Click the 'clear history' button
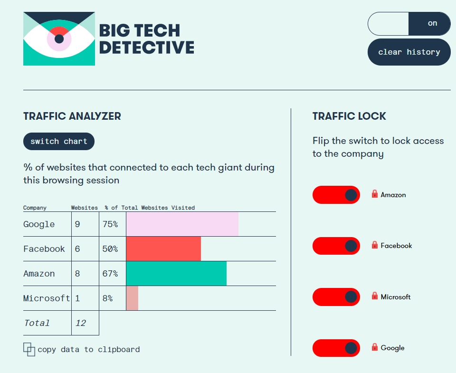[x=409, y=52]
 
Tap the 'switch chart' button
[x=59, y=141]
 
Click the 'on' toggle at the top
[x=409, y=24]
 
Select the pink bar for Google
[x=182, y=224]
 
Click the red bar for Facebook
[x=163, y=249]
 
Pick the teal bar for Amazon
[x=176, y=274]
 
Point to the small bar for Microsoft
[x=132, y=298]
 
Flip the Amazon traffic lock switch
[x=336, y=195]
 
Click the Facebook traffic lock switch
[x=336, y=246]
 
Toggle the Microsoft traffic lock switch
[x=336, y=297]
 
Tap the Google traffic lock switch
[x=336, y=348]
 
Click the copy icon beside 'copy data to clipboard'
[x=29, y=350]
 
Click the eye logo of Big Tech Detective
[x=59, y=38]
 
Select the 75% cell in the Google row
[x=110, y=224]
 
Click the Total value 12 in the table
[x=81, y=323]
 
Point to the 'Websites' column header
[x=85, y=208]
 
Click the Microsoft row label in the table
[x=47, y=298]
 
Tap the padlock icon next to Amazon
[x=375, y=194]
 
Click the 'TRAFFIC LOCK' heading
[x=349, y=116]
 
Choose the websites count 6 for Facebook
[x=77, y=249]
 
